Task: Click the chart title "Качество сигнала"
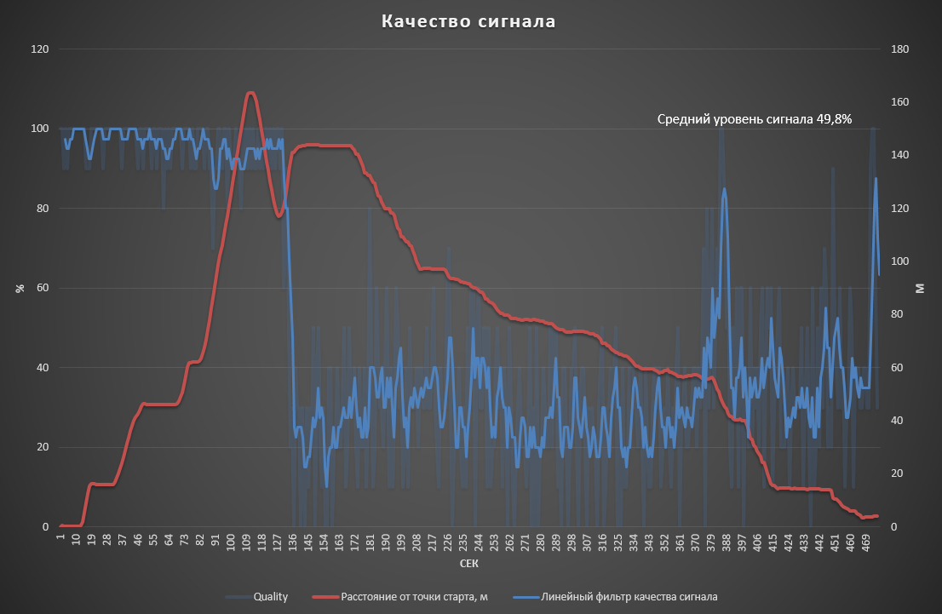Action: (x=468, y=21)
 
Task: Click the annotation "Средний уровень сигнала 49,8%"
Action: (x=755, y=119)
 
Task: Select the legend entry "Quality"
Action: (x=271, y=596)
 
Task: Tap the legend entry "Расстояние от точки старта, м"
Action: (x=414, y=596)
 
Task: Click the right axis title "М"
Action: (x=920, y=288)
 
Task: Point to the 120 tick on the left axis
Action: (x=39, y=49)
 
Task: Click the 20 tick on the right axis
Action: (x=899, y=473)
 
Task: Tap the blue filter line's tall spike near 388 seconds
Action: (x=724, y=189)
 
